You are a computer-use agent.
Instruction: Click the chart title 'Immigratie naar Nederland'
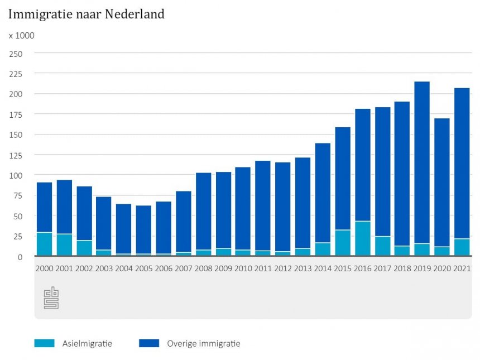pyautogui.click(x=87, y=15)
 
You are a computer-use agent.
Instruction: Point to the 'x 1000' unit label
pyautogui.click(x=21, y=36)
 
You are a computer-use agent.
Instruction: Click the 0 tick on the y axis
pyautogui.click(x=20, y=257)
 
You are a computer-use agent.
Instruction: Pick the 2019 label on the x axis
pyautogui.click(x=422, y=268)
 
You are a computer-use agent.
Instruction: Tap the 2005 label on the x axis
pyautogui.click(x=144, y=268)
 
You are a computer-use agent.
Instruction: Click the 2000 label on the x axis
pyautogui.click(x=45, y=268)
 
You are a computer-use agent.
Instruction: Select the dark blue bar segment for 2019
pyautogui.click(x=422, y=162)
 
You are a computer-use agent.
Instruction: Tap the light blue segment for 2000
pyautogui.click(x=45, y=244)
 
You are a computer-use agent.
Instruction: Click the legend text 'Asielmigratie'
pyautogui.click(x=87, y=343)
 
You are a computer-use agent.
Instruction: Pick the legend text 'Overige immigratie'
pyautogui.click(x=204, y=343)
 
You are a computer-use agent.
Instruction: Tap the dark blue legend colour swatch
pyautogui.click(x=148, y=343)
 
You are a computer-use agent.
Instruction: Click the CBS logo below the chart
pyautogui.click(x=51, y=298)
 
